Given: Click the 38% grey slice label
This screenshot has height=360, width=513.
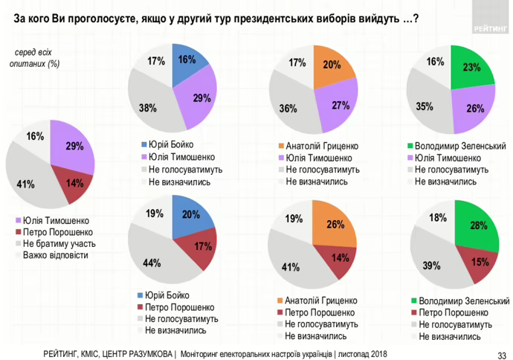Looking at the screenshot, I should point(147,107).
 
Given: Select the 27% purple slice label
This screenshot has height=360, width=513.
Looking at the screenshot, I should point(341,105).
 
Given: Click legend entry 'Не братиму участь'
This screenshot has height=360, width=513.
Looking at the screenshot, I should point(63,243).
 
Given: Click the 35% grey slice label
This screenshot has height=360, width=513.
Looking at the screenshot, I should point(424,106).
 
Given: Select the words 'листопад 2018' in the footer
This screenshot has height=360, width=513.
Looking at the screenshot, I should point(363,353).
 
